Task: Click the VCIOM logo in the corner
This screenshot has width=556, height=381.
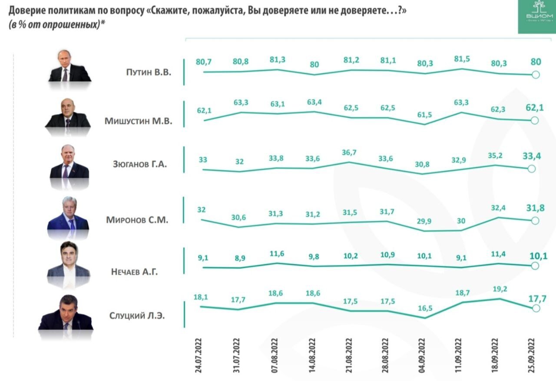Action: pos(536,17)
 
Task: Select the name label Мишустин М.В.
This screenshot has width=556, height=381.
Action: pos(138,121)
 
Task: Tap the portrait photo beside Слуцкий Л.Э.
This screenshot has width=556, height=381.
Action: pos(66,315)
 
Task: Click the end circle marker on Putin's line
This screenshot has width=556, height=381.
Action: pos(536,75)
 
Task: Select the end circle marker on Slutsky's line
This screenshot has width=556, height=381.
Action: pos(536,308)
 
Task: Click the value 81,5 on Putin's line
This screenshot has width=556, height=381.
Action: pos(461,59)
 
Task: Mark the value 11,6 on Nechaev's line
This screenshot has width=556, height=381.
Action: pos(277,254)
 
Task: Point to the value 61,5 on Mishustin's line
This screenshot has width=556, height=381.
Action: pos(424,114)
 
